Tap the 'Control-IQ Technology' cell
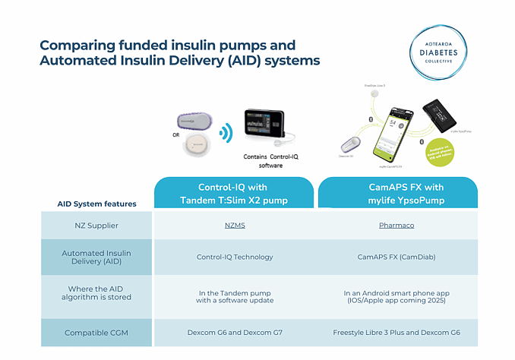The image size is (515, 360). [x=234, y=257]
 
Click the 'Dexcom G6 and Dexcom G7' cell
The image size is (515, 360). [x=234, y=332]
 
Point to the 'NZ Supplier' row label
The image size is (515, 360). [x=96, y=226]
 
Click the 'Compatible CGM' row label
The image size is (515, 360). [x=96, y=332]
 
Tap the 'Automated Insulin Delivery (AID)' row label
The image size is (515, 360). [x=96, y=257]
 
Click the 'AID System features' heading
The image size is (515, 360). [x=96, y=204]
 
